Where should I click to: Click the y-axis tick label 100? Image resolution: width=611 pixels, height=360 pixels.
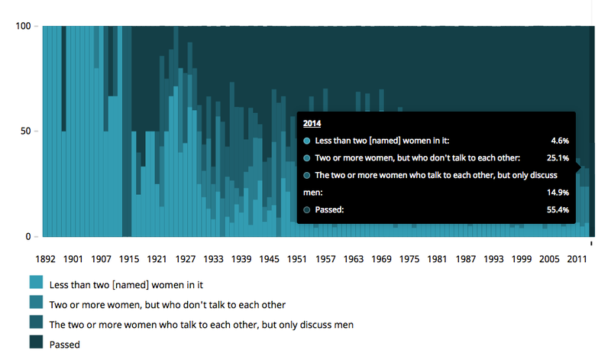pyautogui.click(x=23, y=26)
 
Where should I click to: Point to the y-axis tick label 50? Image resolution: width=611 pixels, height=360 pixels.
pyautogui.click(x=25, y=131)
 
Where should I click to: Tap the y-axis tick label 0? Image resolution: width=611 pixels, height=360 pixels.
pyautogui.click(x=28, y=236)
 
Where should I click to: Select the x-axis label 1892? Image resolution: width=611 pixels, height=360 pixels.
pyautogui.click(x=45, y=259)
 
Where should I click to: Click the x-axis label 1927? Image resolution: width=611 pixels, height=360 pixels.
pyautogui.click(x=185, y=259)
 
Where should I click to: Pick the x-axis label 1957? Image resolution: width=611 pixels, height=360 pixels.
pyautogui.click(x=325, y=259)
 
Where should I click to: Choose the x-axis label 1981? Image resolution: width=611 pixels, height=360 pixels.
pyautogui.click(x=437, y=259)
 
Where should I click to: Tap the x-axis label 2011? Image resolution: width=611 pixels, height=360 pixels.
pyautogui.click(x=577, y=259)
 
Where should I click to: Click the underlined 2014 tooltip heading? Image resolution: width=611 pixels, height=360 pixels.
pyautogui.click(x=312, y=123)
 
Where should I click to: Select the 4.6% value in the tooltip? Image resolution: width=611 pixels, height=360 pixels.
pyautogui.click(x=560, y=141)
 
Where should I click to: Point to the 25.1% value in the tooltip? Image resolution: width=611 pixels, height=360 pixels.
pyautogui.click(x=558, y=158)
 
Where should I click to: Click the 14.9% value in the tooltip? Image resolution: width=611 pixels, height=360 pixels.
pyautogui.click(x=558, y=193)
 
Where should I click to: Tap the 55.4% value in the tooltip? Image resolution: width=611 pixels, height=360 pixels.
pyautogui.click(x=558, y=210)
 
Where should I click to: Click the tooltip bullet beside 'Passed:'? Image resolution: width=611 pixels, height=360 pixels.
pyautogui.click(x=307, y=210)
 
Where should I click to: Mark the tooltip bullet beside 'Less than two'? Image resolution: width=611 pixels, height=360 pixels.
pyautogui.click(x=307, y=141)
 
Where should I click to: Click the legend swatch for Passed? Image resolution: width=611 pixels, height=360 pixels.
pyautogui.click(x=36, y=342)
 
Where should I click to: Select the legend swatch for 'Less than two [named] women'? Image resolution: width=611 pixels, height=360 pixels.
pyautogui.click(x=36, y=282)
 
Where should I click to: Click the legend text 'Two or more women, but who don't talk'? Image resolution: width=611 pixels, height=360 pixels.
pyautogui.click(x=167, y=305)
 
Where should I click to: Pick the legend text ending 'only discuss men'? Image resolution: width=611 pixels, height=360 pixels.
pyautogui.click(x=201, y=325)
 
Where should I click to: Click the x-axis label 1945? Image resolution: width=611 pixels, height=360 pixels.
pyautogui.click(x=270, y=259)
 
